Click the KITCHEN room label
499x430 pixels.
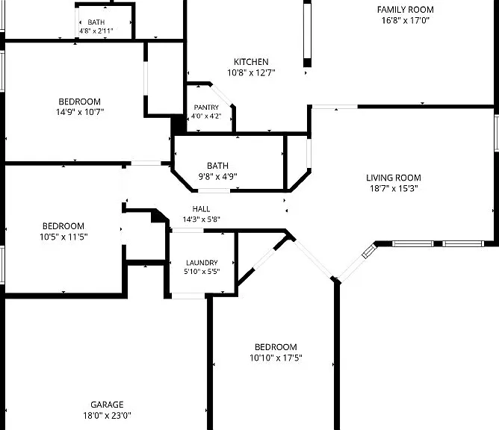251,62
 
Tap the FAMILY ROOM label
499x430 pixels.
406,10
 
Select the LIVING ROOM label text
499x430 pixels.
394,178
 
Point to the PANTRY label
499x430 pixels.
206,107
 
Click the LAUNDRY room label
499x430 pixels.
202,263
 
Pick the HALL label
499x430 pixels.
201,209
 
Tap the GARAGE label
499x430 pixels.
107,405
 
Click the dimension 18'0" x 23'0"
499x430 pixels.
108,415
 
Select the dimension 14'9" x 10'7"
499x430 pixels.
80,112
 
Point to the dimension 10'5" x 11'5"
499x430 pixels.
63,237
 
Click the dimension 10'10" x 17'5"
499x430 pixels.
276,358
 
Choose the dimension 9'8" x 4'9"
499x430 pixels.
218,176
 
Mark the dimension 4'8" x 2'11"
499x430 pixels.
96,31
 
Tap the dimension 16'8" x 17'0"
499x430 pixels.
406,20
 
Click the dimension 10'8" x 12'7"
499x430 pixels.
251,73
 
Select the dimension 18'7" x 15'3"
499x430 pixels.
394,189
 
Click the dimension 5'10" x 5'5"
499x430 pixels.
202,272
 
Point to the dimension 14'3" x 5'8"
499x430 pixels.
201,219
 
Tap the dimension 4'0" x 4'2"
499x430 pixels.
206,116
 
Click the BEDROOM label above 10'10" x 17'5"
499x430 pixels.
276,346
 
